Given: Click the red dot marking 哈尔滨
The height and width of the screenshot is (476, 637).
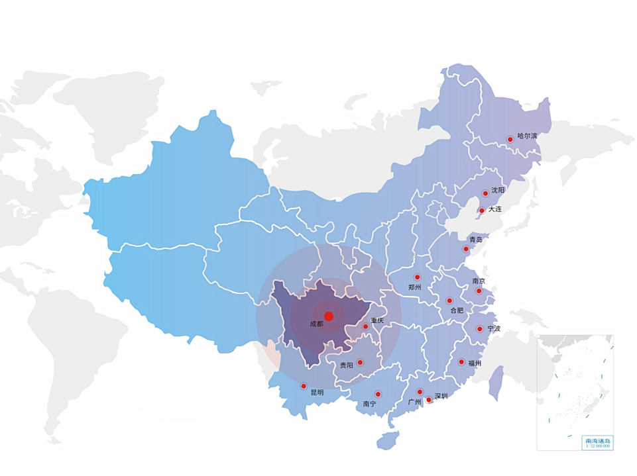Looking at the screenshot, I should pyautogui.click(x=510, y=139).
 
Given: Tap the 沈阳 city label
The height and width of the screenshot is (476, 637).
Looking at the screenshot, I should pyautogui.click(x=498, y=190).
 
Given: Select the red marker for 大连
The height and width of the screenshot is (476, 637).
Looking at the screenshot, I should pyautogui.click(x=482, y=211).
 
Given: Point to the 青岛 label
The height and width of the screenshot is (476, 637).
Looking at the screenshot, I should pyautogui.click(x=475, y=239).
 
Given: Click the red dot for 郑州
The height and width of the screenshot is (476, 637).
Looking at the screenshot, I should pyautogui.click(x=417, y=277).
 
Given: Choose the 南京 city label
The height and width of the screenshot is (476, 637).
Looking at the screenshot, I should pyautogui.click(x=479, y=281).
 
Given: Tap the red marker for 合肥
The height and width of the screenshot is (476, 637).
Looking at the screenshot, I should pyautogui.click(x=449, y=301).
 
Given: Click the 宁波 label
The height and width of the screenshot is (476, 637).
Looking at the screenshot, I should pyautogui.click(x=493, y=328).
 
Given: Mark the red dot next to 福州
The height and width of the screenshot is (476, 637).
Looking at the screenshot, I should pyautogui.click(x=461, y=361).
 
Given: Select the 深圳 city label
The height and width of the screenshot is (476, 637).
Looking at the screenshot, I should pyautogui.click(x=441, y=397).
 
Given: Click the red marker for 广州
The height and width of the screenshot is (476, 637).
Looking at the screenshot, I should pyautogui.click(x=420, y=392).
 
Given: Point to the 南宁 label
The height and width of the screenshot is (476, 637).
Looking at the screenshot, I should pyautogui.click(x=369, y=403).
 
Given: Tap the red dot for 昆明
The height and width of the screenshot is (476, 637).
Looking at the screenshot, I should pyautogui.click(x=304, y=386).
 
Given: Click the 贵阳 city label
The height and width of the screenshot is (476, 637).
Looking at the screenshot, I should pyautogui.click(x=346, y=365).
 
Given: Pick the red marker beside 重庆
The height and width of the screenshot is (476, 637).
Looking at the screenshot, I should pyautogui.click(x=365, y=326).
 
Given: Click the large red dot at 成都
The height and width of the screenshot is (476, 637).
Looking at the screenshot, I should pyautogui.click(x=329, y=316).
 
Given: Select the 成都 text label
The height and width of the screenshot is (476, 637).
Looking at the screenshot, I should pyautogui.click(x=316, y=324).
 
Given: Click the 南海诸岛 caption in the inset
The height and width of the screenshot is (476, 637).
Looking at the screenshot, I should pyautogui.click(x=597, y=440).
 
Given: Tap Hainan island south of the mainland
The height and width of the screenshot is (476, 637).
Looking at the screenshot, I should pyautogui.click(x=388, y=441).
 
